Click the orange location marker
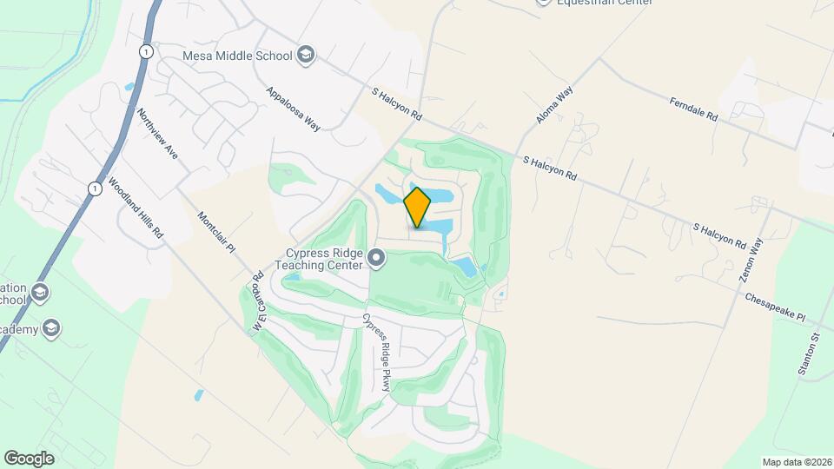(418, 208)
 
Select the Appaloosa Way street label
(294, 109)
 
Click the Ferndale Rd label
(693, 109)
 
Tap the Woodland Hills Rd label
(136, 208)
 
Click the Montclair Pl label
(217, 234)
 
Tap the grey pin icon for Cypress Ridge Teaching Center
(376, 257)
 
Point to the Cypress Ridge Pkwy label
(377, 353)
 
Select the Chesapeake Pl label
(776, 308)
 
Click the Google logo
(29, 459)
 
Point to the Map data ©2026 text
(796, 462)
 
